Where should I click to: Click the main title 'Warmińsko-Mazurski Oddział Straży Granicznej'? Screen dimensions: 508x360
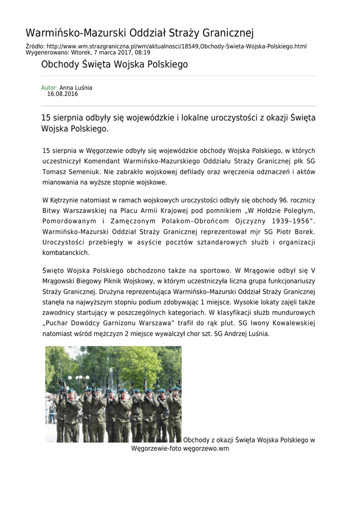click(140, 33)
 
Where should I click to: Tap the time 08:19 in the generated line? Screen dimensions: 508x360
click(143, 52)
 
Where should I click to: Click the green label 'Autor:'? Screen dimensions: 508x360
click(49, 88)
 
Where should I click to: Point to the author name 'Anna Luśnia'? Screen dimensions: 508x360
click(75, 88)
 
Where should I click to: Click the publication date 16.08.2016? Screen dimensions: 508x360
click(63, 94)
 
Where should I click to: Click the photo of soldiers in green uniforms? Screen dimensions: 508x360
click(113, 394)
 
